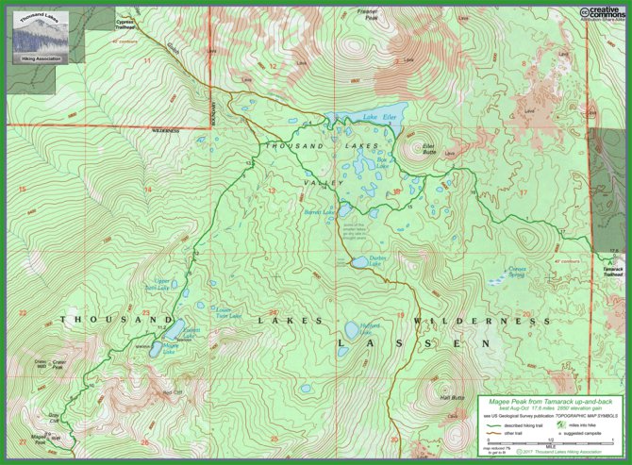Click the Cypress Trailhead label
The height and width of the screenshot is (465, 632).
click(x=125, y=23)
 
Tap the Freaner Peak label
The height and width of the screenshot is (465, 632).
click(x=367, y=13)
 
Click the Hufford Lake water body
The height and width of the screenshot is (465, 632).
click(x=352, y=330)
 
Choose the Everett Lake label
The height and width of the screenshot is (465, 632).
click(x=192, y=330)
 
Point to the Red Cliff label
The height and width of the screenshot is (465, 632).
click(x=171, y=391)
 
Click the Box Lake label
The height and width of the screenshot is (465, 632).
click(x=382, y=162)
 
